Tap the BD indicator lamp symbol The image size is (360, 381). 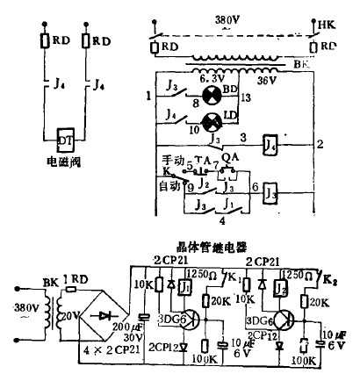211,95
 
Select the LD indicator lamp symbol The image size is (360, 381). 211,121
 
